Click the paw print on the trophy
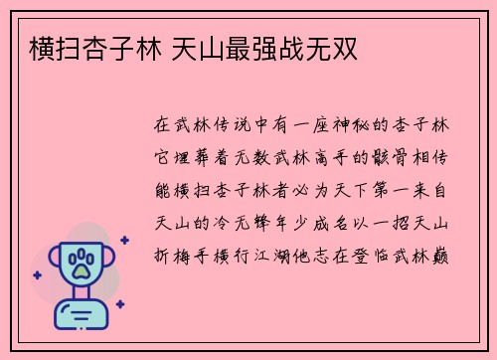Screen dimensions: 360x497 (82, 267)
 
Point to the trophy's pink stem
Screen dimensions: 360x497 (82, 293)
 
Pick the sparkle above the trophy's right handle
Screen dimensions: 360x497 (123, 240)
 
